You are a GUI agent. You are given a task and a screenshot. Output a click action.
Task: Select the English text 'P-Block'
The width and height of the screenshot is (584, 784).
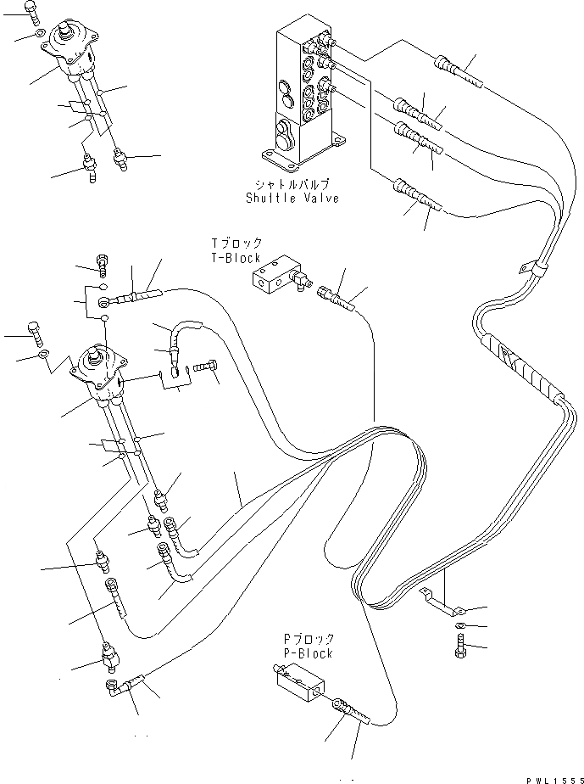click(x=309, y=653)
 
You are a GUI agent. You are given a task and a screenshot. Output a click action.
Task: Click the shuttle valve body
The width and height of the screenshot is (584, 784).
click(x=303, y=93)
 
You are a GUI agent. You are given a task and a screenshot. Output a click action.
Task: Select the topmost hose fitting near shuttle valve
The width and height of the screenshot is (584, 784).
click(x=458, y=70)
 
